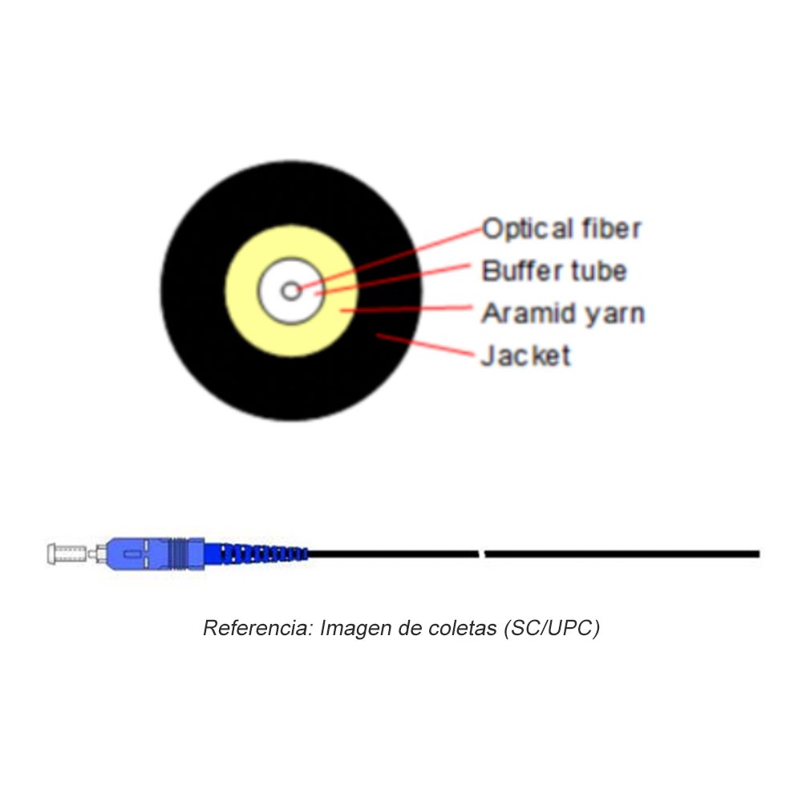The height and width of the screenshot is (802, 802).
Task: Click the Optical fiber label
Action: coord(561,229)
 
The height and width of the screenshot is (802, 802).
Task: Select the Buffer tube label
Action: coord(553,271)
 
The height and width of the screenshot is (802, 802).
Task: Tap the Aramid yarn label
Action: coord(562,314)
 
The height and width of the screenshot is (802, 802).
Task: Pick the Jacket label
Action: coord(525,355)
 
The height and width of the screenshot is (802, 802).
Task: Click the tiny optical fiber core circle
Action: coord(291,290)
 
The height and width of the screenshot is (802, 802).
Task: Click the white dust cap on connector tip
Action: coord(67,552)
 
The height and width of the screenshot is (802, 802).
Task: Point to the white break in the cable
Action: coord(482,553)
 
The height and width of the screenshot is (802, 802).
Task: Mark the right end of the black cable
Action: coord(756,553)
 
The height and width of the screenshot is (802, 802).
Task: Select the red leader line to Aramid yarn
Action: coord(409,308)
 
